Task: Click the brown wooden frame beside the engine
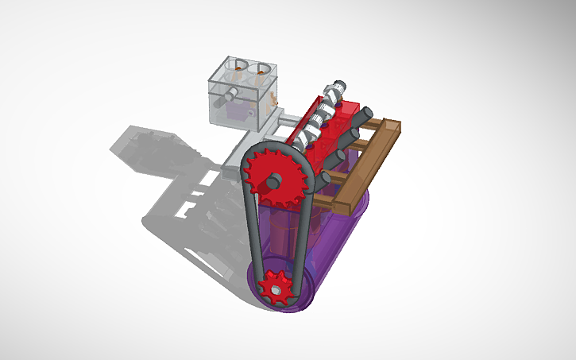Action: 361,171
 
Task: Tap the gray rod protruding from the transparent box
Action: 228,95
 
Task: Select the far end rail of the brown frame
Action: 389,127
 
